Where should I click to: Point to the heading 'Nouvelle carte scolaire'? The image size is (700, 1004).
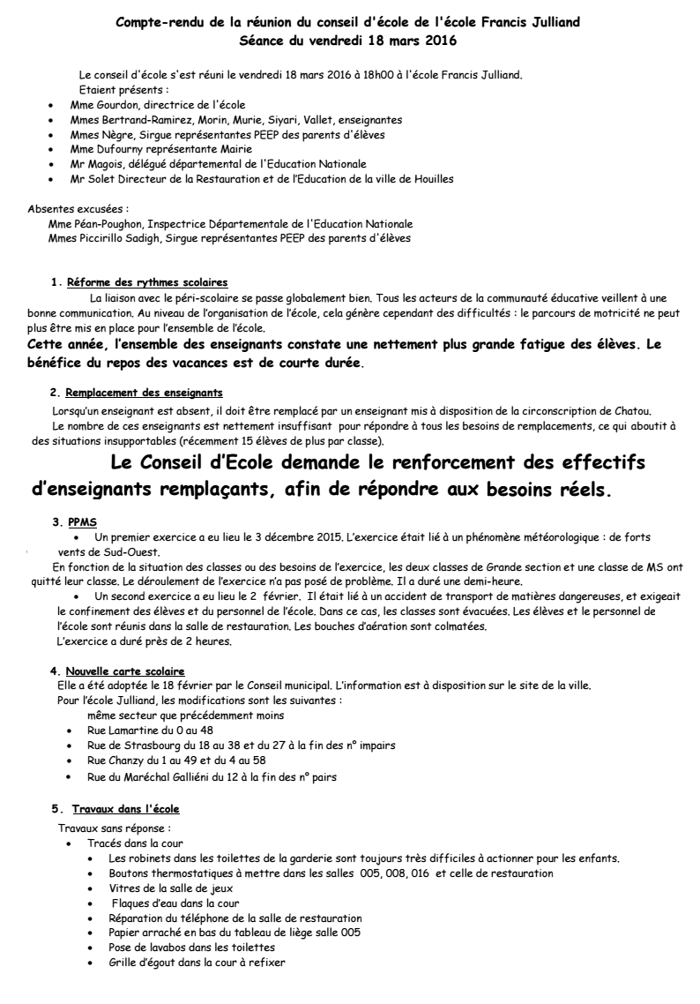[x=123, y=648]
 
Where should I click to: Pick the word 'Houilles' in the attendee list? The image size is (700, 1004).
[x=431, y=179]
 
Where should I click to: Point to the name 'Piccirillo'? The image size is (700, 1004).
[x=102, y=238]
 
